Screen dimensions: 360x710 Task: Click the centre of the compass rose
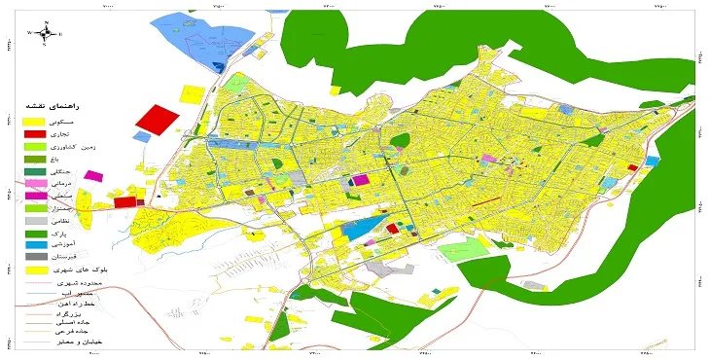tap(47, 33)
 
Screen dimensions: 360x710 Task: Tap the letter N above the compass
tap(47, 21)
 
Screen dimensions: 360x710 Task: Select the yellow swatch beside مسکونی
tap(35, 119)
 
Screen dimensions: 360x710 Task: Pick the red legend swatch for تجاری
tap(35, 132)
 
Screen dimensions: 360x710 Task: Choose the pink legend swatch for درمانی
tap(35, 183)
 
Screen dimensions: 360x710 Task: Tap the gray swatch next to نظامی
tap(35, 221)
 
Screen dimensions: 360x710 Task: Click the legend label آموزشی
tap(89, 246)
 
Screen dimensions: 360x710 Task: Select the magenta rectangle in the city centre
tap(361, 179)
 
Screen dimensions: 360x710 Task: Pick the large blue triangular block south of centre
tap(361, 230)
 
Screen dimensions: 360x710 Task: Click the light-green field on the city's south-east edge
tap(458, 252)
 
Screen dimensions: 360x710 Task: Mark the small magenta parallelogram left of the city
tap(93, 175)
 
